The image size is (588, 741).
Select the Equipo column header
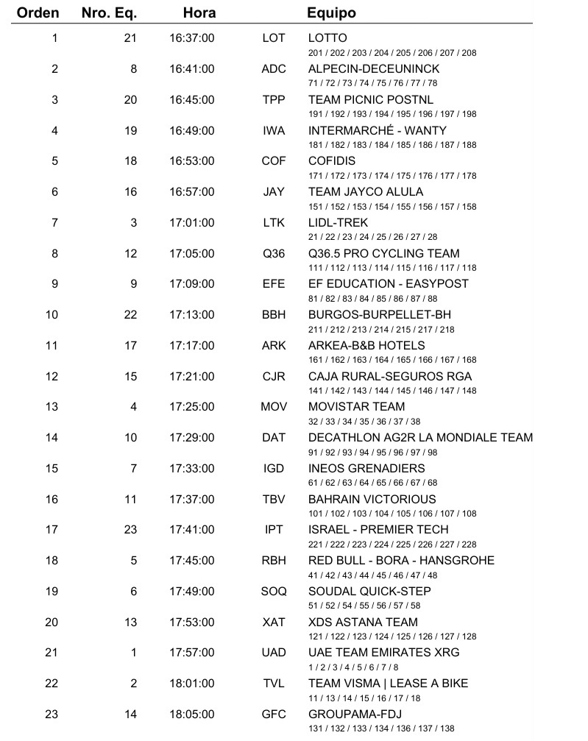pyautogui.click(x=331, y=13)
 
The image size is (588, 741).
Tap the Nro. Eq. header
pyautogui.click(x=108, y=13)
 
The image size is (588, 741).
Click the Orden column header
pyautogui.click(x=38, y=13)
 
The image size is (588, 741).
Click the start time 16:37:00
pyautogui.click(x=191, y=38)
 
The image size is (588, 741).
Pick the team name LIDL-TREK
pyautogui.click(x=338, y=223)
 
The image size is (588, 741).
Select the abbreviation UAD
pyautogui.click(x=274, y=653)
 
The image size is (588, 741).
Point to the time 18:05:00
pyautogui.click(x=191, y=715)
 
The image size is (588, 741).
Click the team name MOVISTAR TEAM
pyautogui.click(x=356, y=407)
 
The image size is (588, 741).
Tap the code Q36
pyautogui.click(x=274, y=254)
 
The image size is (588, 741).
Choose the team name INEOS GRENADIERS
pyautogui.click(x=366, y=469)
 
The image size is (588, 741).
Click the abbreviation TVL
pyautogui.click(x=274, y=684)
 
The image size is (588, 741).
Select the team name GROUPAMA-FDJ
pyautogui.click(x=355, y=715)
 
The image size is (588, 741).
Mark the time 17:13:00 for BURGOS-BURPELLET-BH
pyautogui.click(x=191, y=315)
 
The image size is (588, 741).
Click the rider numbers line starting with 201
pyautogui.click(x=392, y=53)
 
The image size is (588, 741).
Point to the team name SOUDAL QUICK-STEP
pyautogui.click(x=369, y=592)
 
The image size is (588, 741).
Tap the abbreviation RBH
pyautogui.click(x=274, y=561)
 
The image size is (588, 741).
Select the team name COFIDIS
pyautogui.click(x=331, y=161)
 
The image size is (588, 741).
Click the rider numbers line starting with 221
pyautogui.click(x=392, y=545)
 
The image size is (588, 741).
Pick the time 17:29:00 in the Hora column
pyautogui.click(x=191, y=438)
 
